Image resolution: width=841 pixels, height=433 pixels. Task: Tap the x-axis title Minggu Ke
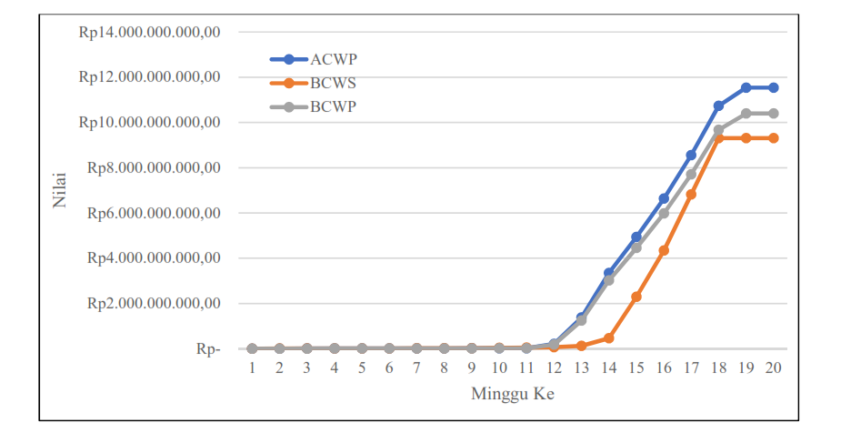[513, 394]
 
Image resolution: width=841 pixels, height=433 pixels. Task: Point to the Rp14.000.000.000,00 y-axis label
[150, 32]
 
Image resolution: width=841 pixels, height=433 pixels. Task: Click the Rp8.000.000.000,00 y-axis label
[154, 167]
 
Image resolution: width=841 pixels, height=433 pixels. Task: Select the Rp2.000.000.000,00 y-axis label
[154, 303]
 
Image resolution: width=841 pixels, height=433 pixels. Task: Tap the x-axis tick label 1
[252, 368]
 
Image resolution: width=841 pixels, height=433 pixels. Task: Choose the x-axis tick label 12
[554, 368]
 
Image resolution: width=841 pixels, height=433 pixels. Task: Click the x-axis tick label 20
[773, 368]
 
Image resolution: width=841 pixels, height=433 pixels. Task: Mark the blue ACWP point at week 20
[773, 87]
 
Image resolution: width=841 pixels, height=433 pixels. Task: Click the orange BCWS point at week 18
[718, 138]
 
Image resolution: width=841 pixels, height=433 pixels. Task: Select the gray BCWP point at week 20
[773, 114]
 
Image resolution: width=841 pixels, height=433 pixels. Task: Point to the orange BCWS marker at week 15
[636, 297]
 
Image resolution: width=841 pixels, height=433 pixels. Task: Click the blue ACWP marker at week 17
[691, 156]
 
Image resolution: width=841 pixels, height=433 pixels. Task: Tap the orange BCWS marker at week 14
[608, 337]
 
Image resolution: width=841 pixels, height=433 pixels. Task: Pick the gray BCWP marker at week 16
[664, 213]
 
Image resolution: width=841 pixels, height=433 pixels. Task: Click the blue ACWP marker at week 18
[718, 106]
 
